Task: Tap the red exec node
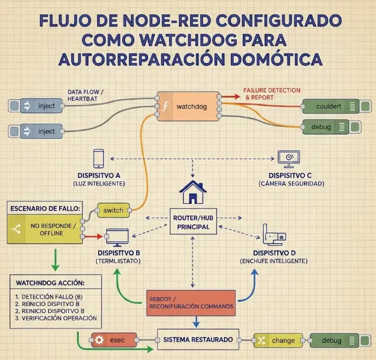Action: tap(114, 340)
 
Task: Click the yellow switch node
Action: tap(113, 210)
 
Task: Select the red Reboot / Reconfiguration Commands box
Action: tap(191, 303)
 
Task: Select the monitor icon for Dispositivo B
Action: tap(118, 236)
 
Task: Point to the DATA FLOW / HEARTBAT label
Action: tap(86, 95)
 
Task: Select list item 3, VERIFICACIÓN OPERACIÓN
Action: tap(56, 318)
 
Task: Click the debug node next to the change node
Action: tap(335, 340)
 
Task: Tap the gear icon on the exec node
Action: tap(99, 340)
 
